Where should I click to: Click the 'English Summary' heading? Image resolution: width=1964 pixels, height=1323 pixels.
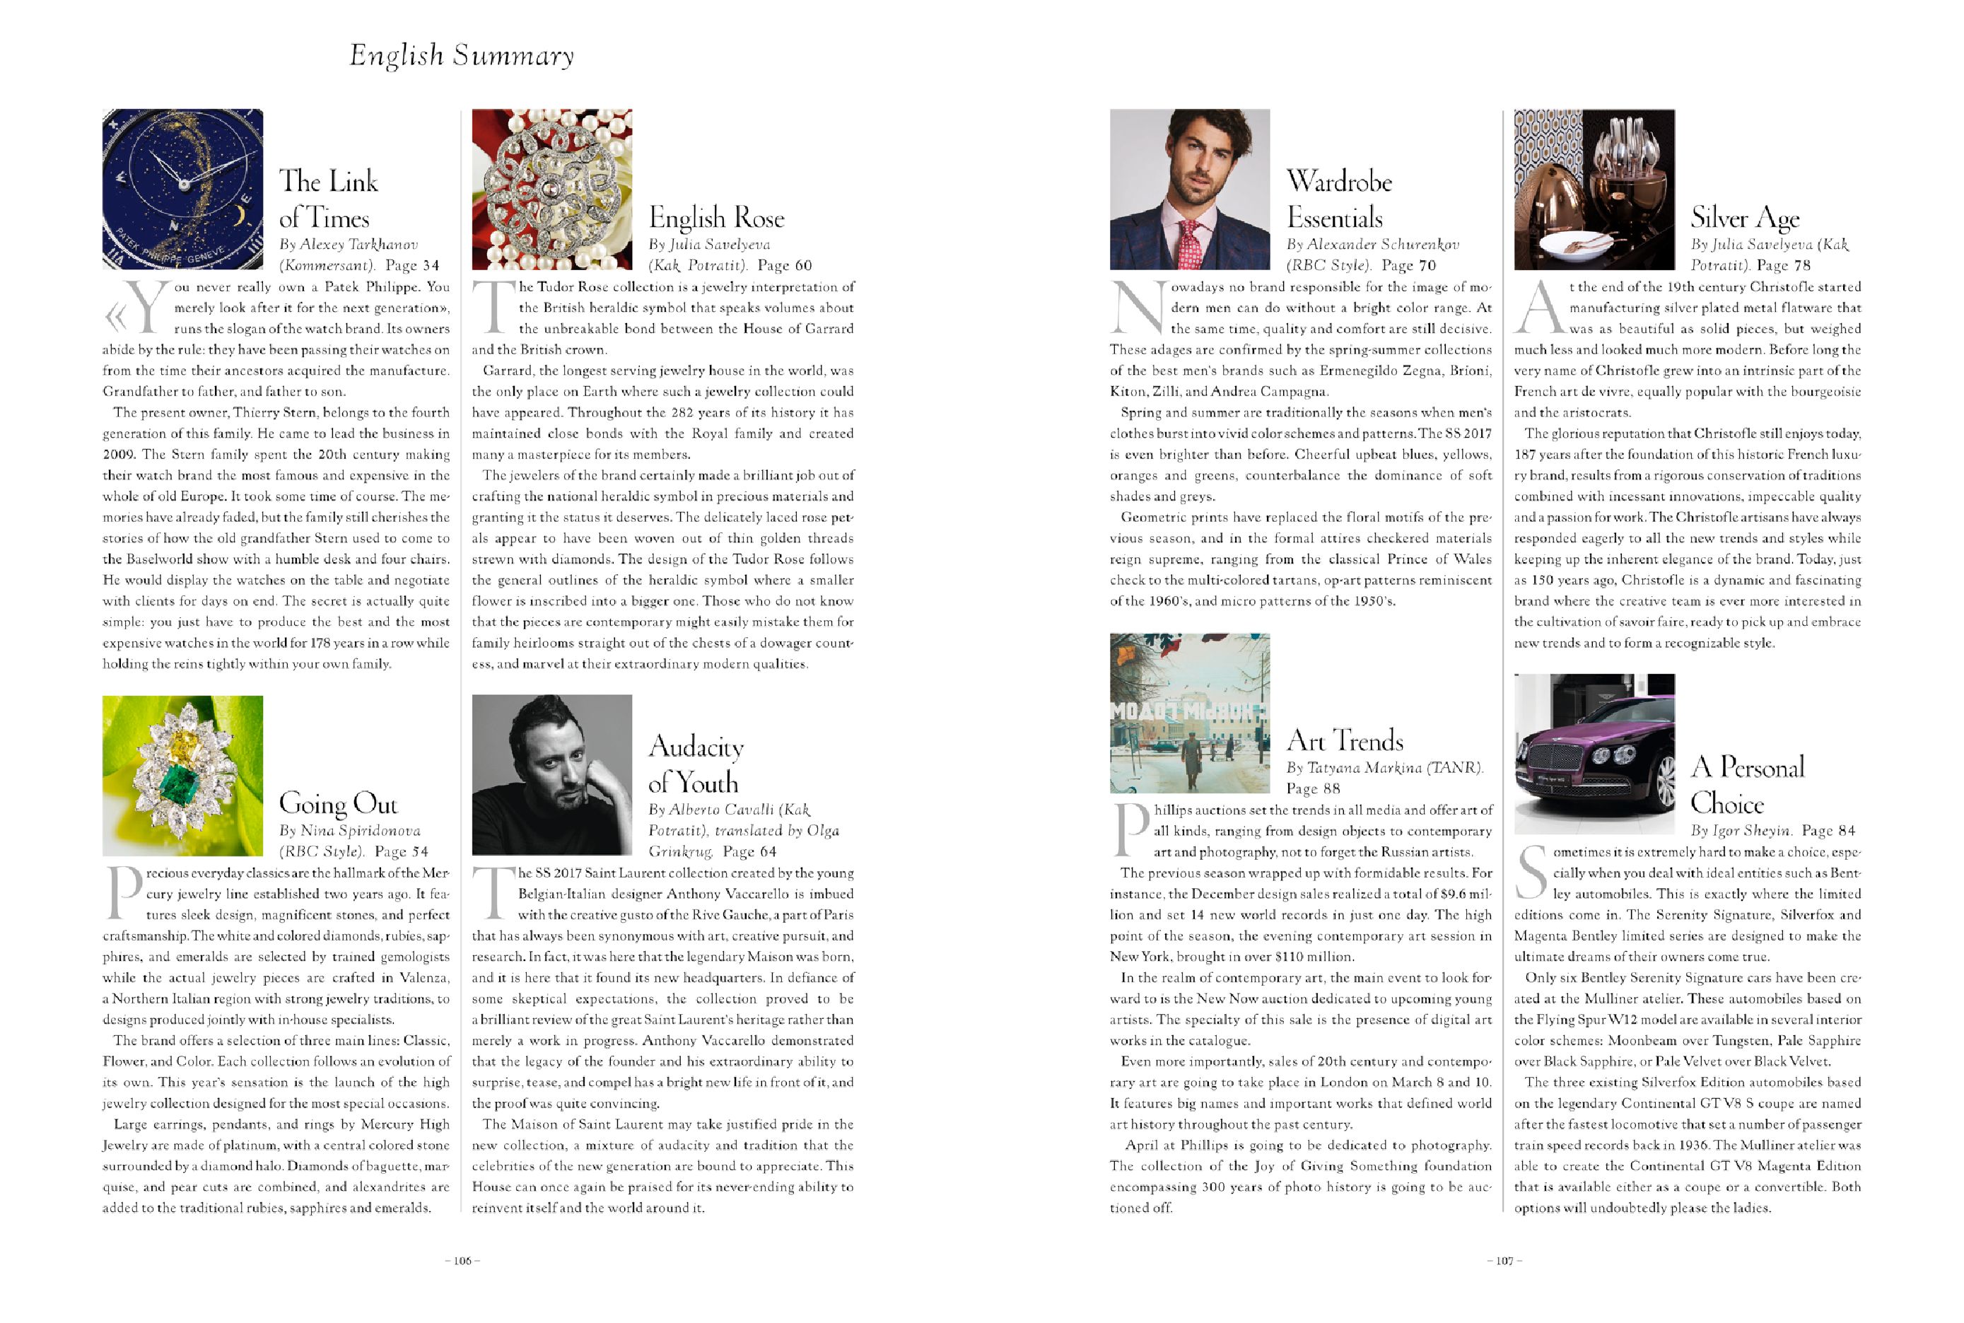click(x=462, y=56)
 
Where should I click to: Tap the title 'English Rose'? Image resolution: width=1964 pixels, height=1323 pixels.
click(x=716, y=218)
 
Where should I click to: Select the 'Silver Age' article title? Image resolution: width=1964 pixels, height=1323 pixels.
click(x=1745, y=218)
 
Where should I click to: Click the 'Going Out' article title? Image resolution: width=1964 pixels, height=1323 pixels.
click(x=337, y=803)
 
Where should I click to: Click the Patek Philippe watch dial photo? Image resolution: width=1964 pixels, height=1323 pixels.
click(x=182, y=188)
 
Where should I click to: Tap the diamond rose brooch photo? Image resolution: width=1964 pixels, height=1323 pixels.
click(x=551, y=188)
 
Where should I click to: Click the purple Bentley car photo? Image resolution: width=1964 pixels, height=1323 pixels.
click(x=1594, y=754)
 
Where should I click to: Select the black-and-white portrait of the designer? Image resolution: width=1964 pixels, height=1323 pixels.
click(x=551, y=774)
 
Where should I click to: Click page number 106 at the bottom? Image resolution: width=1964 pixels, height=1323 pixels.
click(x=462, y=1261)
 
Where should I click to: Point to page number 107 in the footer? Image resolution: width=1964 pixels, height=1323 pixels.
click(x=1505, y=1261)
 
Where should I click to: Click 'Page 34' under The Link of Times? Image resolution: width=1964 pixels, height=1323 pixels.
click(x=413, y=265)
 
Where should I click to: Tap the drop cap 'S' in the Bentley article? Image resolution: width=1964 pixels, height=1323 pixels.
click(x=1531, y=873)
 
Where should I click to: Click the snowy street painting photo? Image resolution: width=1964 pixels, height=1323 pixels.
click(x=1190, y=713)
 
